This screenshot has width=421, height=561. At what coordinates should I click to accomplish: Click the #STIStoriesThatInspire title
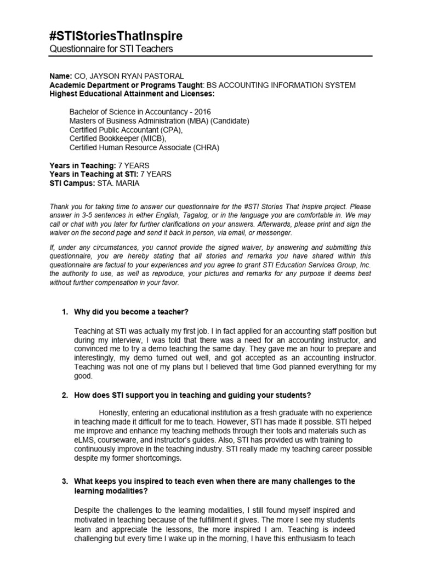click(x=116, y=36)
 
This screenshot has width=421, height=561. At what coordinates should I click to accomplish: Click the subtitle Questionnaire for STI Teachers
click(x=111, y=49)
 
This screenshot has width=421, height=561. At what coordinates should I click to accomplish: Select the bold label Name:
click(x=61, y=76)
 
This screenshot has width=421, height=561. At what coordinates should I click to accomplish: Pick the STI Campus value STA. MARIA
click(x=118, y=183)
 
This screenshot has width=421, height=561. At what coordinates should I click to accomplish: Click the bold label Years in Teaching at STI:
click(x=94, y=174)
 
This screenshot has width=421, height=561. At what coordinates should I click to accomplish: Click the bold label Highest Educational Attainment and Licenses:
click(x=132, y=94)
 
